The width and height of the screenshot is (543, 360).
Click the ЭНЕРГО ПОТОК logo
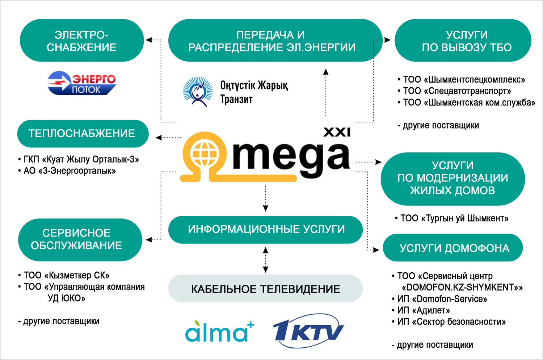[x=82, y=83]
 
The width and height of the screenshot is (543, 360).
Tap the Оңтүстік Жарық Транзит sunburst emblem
[x=198, y=92]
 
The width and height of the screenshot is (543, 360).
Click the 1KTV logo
[x=308, y=331]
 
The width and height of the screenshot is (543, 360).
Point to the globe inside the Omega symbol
[x=205, y=153]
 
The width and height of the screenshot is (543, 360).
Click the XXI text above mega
[x=337, y=132]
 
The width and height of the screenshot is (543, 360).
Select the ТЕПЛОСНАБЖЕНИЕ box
[x=83, y=134]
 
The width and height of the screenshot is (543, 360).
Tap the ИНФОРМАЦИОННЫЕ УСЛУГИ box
[x=265, y=230]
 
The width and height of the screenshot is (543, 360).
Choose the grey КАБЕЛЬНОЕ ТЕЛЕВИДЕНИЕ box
[x=265, y=288]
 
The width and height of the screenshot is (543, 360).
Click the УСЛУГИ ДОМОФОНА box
[x=453, y=248]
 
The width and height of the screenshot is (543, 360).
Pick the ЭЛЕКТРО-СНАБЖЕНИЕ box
[x=82, y=40]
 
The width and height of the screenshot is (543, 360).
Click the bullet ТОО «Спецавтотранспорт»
[x=454, y=91]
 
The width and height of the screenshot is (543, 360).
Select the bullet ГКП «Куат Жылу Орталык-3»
[x=79, y=159]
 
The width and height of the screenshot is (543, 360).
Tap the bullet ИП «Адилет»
[x=421, y=310]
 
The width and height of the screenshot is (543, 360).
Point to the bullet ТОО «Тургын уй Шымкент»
[x=452, y=218]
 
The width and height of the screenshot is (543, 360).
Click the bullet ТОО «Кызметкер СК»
[x=63, y=275]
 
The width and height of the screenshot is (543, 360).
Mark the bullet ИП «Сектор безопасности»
[x=449, y=322]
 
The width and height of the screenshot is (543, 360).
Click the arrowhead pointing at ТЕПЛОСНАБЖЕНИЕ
[x=159, y=138]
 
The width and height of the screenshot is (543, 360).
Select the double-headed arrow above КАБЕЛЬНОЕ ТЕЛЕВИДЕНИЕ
[x=266, y=260]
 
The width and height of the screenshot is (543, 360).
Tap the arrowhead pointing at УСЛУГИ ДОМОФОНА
[x=376, y=250]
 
